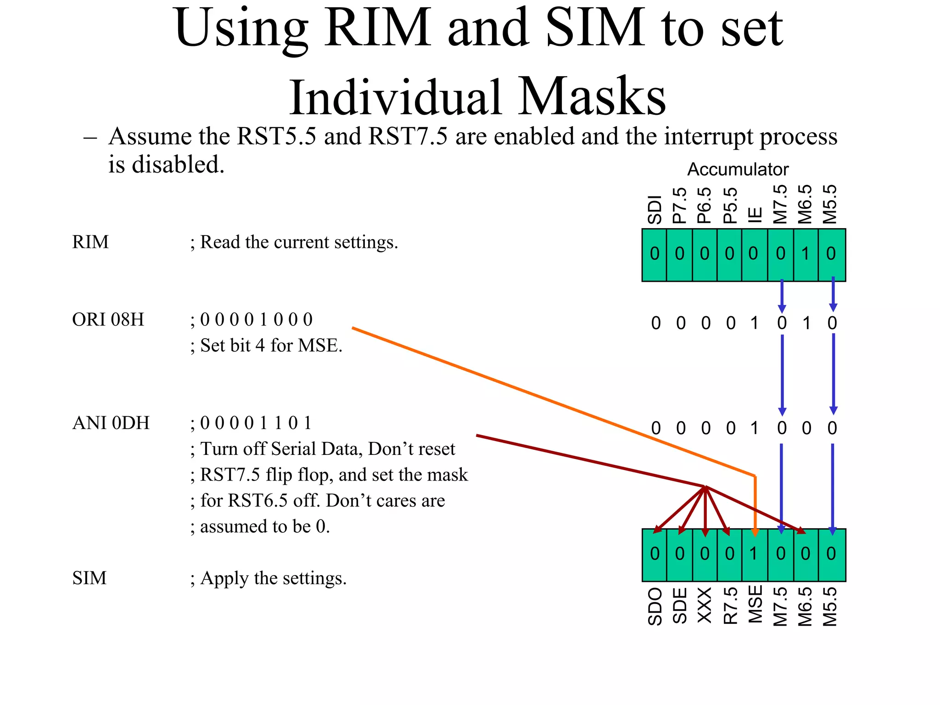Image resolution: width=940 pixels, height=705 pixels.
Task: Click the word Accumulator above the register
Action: coord(737,170)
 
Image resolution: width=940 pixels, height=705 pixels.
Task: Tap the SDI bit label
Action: coord(655,210)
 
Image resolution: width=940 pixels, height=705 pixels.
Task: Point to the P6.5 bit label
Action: coord(705,205)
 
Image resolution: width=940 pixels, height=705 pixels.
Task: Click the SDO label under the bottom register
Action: coord(655,607)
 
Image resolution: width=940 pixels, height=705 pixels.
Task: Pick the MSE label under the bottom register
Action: coord(755,604)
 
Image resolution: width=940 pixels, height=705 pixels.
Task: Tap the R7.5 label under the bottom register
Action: coord(730,606)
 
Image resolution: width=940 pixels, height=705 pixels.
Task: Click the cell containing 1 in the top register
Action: coord(806,254)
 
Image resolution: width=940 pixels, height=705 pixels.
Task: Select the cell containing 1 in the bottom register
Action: coord(754,554)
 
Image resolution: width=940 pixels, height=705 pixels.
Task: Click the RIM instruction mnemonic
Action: coord(90,242)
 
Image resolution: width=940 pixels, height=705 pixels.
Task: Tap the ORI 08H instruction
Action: coord(108,319)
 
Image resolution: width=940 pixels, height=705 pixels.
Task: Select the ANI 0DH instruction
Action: coord(111,423)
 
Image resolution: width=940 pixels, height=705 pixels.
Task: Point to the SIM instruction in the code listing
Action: coord(90,578)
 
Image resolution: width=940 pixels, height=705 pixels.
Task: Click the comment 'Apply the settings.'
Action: coord(273,578)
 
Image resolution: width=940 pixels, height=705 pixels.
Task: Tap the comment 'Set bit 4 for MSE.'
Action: coord(271,346)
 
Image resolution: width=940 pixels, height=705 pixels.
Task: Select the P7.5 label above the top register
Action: coord(680,205)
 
